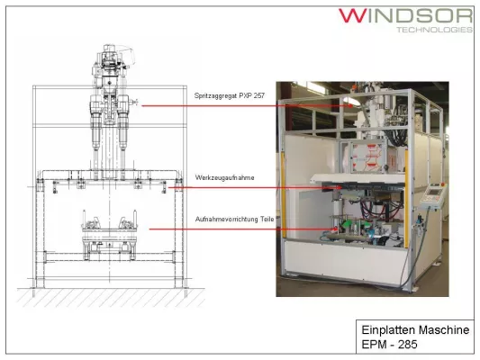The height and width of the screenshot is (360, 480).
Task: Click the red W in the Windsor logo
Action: [353, 15]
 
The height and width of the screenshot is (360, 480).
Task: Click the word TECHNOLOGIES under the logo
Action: [435, 30]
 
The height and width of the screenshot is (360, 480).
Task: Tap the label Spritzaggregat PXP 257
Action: [230, 95]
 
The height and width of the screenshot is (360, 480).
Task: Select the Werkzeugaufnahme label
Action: [225, 177]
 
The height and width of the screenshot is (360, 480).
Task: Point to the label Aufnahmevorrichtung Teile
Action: [234, 220]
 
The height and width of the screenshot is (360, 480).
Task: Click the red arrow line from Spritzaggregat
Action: [248, 106]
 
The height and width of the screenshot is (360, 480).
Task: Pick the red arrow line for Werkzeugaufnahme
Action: [255, 187]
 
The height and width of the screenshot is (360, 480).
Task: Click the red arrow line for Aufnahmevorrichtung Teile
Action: [243, 229]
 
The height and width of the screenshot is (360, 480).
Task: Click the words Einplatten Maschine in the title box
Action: [415, 330]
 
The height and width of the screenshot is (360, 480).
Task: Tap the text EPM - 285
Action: [389, 345]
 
